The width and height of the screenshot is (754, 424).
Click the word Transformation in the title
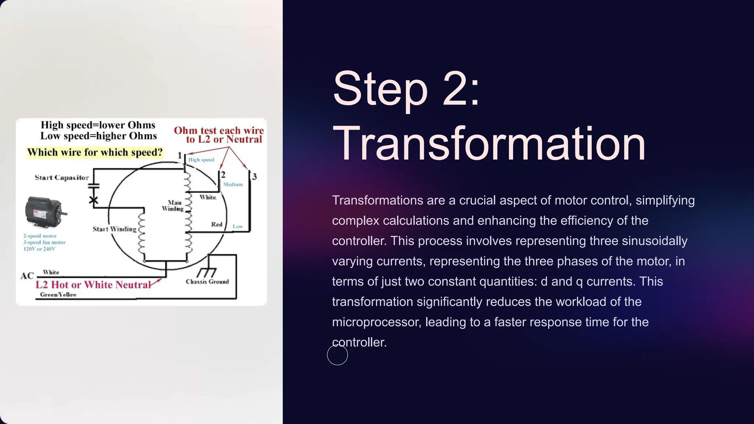(489, 144)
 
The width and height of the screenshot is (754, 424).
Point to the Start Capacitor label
(62, 177)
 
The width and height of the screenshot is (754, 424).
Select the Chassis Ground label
(207, 282)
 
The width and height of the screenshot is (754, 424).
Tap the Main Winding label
(173, 206)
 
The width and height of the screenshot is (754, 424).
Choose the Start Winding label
(114, 229)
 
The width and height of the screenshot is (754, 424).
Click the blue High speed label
(201, 160)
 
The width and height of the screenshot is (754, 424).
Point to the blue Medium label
(233, 184)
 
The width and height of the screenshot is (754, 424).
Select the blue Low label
(237, 226)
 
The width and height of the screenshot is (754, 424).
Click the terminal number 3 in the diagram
(254, 177)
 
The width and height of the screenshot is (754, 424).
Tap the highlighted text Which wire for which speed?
(95, 152)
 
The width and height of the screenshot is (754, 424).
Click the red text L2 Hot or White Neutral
(93, 285)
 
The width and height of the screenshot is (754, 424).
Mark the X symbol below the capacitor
(94, 200)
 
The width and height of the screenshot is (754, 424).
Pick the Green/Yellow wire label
(58, 294)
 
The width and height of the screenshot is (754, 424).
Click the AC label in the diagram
(27, 276)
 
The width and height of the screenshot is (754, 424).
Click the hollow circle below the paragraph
(337, 355)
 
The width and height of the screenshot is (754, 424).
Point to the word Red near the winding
(216, 225)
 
